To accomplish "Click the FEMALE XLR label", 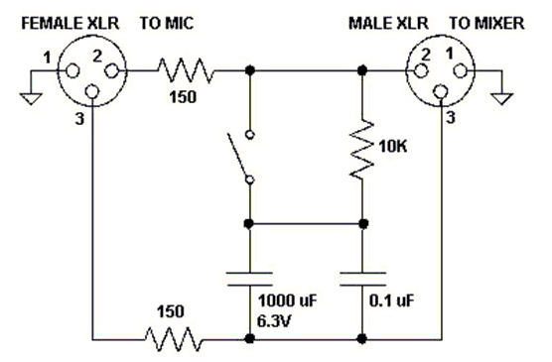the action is pos(70,24).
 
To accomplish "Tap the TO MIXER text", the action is pos(486,24).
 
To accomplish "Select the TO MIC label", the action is pos(167,24).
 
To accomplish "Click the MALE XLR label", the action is pos(388,24).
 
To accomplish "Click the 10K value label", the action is pos(393,146).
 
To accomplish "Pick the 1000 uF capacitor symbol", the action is pos(249,279).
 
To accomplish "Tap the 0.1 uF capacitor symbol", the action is pos(362,279).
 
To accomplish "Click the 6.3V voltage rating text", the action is pos(274,321).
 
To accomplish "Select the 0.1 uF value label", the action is pos(392,301).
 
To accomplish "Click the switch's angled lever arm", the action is pos(238,156).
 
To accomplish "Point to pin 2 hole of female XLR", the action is pos(112,71).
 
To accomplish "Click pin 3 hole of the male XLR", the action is pos(440,92).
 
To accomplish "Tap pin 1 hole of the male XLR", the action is pos(460,71).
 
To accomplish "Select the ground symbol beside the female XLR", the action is pos(31,98).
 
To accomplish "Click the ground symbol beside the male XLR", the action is pos(502,98).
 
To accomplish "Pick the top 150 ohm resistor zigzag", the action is pos(186,70).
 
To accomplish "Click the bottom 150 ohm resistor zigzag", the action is pos(174,339).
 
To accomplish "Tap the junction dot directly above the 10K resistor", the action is pos(362,70).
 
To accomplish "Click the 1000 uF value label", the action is pos(288,301).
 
